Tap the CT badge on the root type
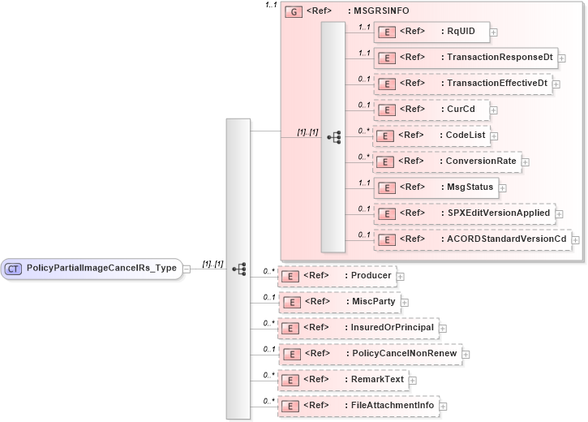(14, 268)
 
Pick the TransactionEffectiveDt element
(461, 84)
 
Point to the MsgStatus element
(438, 187)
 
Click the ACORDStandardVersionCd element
(471, 239)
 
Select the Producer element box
(337, 276)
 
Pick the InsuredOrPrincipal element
(358, 328)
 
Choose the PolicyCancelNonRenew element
(369, 354)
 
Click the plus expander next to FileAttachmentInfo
(444, 406)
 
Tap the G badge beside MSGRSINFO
(294, 12)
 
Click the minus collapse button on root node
(187, 269)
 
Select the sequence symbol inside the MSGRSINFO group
(333, 137)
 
